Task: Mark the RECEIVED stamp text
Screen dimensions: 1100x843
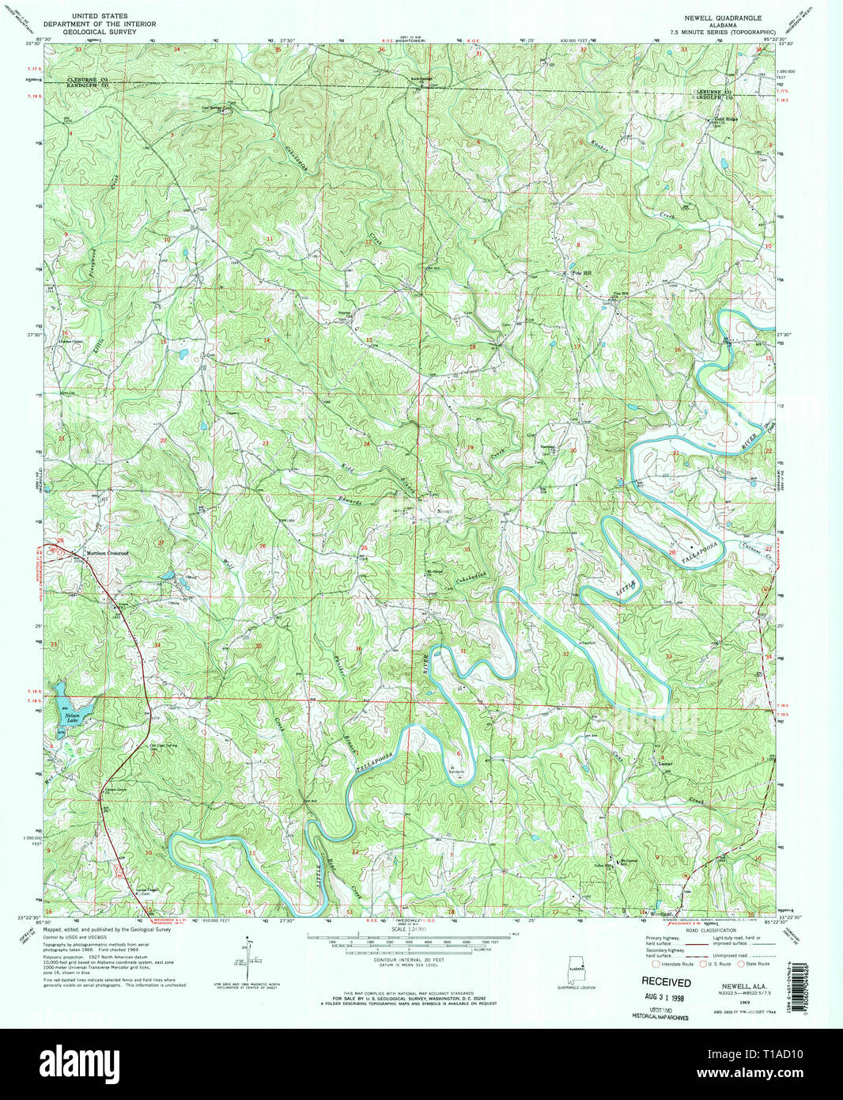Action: coord(666,981)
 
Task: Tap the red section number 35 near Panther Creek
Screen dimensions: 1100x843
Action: coord(259,646)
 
